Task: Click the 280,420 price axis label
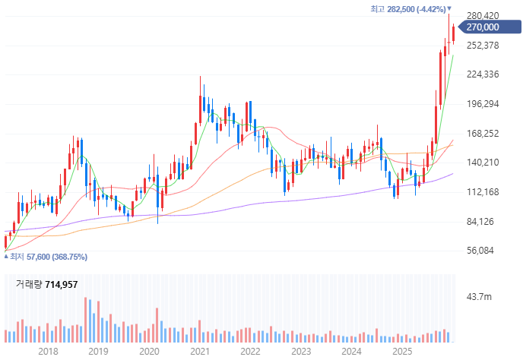[x=483, y=16]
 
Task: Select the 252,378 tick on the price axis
[x=483, y=46]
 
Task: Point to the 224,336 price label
[x=483, y=74]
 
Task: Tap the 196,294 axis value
[x=483, y=104]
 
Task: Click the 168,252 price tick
[x=483, y=134]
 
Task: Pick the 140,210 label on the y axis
[x=483, y=163]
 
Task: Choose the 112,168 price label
[x=483, y=192]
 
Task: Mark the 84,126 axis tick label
[x=483, y=222]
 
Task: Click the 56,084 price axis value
[x=483, y=251]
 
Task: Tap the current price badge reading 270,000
[x=482, y=27]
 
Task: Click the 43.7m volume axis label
[x=480, y=296]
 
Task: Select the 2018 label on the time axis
[x=48, y=352]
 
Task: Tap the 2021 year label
[x=200, y=352]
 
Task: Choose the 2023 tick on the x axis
[x=301, y=352]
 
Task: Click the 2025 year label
[x=402, y=352]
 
